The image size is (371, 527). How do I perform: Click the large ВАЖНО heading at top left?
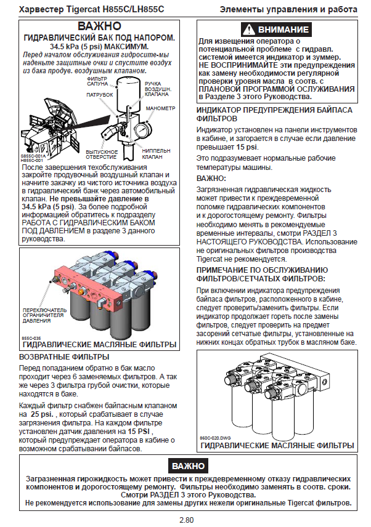99,27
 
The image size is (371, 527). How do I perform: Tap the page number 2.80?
186,520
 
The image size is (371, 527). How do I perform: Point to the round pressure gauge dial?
142,131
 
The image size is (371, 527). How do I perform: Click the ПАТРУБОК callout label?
99,95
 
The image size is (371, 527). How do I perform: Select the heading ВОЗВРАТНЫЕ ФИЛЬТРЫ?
65,356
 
